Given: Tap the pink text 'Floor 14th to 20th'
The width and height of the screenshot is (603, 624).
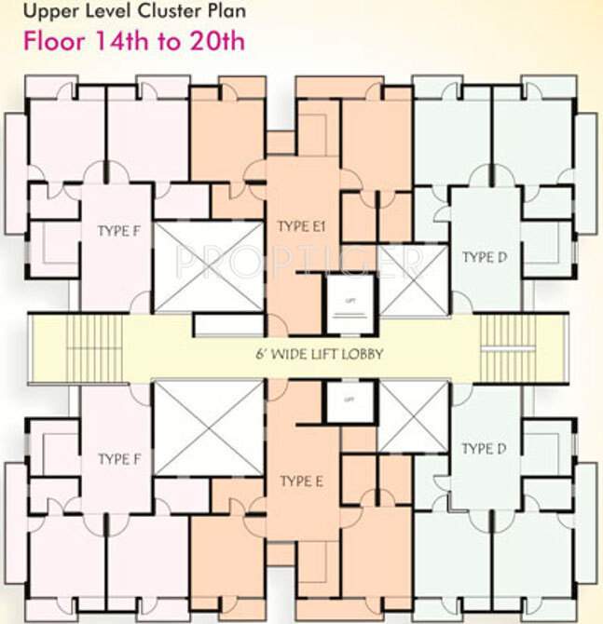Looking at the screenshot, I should pos(134,41).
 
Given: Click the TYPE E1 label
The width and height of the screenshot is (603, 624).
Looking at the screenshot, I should pos(300,226).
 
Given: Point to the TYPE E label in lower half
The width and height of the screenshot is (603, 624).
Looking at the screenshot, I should pos(301,482).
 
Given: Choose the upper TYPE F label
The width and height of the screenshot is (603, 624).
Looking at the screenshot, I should pos(118,231).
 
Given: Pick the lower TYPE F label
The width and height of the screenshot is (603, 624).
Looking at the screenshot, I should pos(118,459).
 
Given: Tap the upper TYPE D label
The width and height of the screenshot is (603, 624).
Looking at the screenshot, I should pos(484,257).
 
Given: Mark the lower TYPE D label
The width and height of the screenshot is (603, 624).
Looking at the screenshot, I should pos(484,449).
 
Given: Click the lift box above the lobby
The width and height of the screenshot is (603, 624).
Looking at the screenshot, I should pos(349,303).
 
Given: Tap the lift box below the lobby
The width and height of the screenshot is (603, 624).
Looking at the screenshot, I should pos(349,400).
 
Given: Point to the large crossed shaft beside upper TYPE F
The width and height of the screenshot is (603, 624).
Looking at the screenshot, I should pos(208,267).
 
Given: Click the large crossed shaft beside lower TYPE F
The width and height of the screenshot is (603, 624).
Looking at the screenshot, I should pos(208,428).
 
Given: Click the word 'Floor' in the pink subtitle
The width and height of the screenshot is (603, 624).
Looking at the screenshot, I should pos(56,41).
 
